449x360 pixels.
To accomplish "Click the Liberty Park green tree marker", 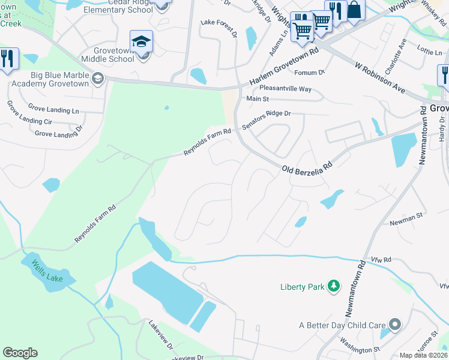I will pyautogui.click(x=334, y=286).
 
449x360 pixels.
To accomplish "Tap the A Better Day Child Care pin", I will pyautogui.click(x=394, y=325).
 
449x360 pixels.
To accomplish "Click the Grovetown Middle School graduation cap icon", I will pyautogui.click(x=141, y=41).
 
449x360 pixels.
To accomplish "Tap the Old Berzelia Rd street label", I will pyautogui.click(x=307, y=164).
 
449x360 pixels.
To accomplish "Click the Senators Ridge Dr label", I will pyautogui.click(x=266, y=120).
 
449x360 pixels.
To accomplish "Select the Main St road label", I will pyautogui.click(x=257, y=99).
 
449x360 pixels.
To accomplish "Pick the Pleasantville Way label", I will pyautogui.click(x=285, y=89).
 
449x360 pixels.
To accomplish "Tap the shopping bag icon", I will pyautogui.click(x=354, y=10).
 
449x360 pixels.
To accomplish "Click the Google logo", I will pyautogui.click(x=20, y=353).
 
